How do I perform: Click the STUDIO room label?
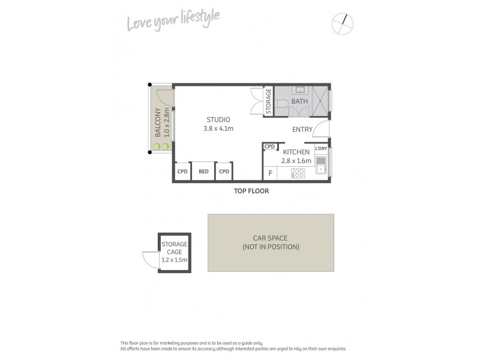(x=218, y=119)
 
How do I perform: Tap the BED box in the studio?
(x=203, y=172)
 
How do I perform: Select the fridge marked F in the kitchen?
(x=271, y=173)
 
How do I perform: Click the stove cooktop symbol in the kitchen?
(x=298, y=173)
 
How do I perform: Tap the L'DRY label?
(x=321, y=148)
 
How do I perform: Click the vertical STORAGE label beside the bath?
(x=269, y=101)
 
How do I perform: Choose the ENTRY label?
(x=302, y=130)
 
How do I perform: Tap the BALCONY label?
(x=158, y=122)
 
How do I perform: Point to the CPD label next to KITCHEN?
(x=269, y=146)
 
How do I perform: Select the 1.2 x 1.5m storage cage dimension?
(x=175, y=260)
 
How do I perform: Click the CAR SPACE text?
(x=271, y=238)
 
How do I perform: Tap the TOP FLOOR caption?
(x=251, y=191)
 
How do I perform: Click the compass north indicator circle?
(x=343, y=24)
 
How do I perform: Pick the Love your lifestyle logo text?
(x=173, y=20)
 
